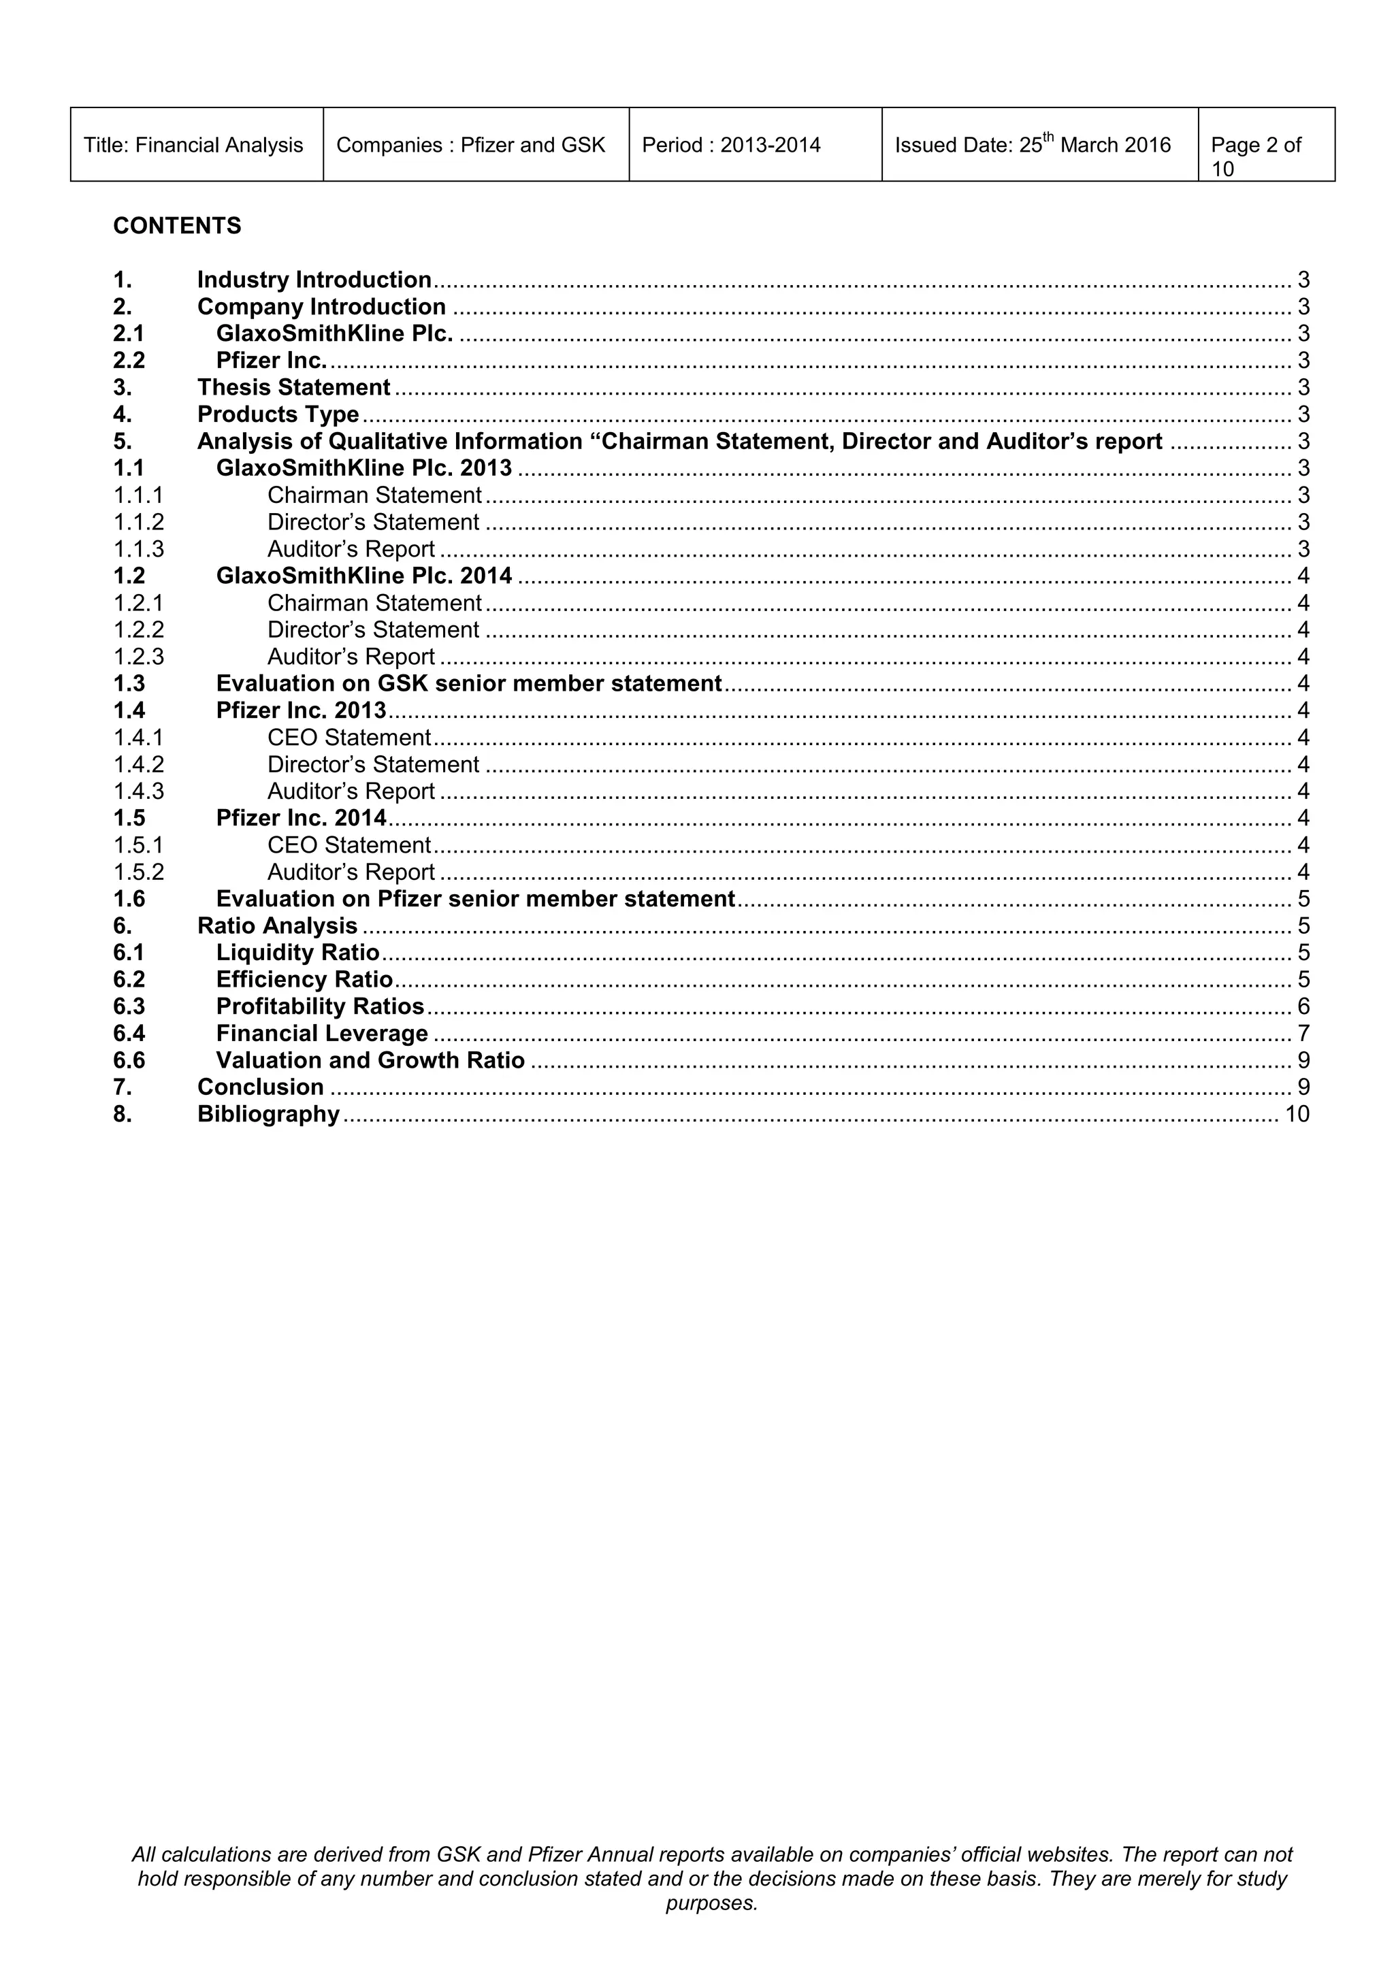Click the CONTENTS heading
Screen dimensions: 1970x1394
pos(177,226)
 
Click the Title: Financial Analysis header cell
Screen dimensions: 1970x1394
pos(193,145)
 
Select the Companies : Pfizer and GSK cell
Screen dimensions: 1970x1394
pos(470,145)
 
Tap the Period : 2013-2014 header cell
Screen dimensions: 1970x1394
pos(730,145)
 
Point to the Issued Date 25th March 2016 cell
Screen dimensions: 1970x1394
pos(1032,145)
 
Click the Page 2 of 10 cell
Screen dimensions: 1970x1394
pos(1255,155)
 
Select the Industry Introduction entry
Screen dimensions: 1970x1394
pos(314,280)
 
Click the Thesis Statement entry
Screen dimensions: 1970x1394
pos(293,387)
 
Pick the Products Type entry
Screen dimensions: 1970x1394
pos(278,414)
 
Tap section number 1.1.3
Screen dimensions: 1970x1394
pos(138,549)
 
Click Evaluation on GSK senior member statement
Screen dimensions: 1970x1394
pos(469,683)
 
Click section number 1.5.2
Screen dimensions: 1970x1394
pos(138,872)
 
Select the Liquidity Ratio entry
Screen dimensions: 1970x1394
pos(297,953)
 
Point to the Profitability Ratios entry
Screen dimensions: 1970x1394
pos(320,1006)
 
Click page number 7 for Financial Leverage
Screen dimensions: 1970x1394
pos(1303,1033)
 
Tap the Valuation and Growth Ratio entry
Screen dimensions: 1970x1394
pos(370,1060)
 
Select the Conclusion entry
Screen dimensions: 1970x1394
pos(260,1087)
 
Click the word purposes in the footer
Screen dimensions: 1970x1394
pos(711,1903)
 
